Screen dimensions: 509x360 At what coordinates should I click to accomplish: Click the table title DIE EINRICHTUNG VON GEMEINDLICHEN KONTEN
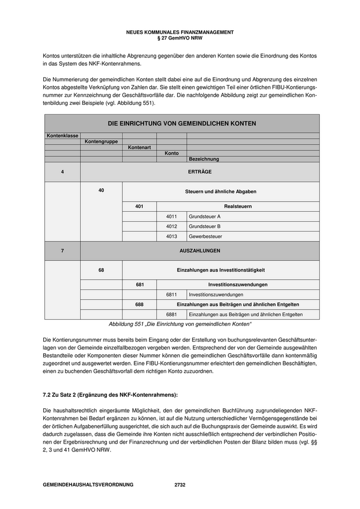182,123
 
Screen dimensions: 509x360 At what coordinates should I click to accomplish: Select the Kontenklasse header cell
62,136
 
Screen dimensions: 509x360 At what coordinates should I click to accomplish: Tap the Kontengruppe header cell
101,141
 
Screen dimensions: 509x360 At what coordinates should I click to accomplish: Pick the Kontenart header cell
139,148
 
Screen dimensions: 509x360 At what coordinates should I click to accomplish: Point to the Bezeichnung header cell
204,159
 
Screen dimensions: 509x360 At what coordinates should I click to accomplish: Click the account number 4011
172,216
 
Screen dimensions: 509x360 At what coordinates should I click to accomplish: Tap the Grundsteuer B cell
205,226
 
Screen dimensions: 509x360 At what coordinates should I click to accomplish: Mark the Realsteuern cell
238,207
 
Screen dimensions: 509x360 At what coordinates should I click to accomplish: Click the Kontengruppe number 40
101,191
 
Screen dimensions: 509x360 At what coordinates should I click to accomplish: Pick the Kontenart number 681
139,284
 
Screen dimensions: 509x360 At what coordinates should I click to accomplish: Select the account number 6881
172,314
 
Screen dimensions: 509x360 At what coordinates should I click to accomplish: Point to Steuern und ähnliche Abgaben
221,192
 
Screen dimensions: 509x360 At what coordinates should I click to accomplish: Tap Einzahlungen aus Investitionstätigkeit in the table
221,270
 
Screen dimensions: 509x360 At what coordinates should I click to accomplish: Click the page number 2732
180,485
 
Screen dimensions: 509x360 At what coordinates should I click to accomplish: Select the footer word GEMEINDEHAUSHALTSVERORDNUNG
88,485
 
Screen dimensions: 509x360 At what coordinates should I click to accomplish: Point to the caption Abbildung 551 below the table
180,324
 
